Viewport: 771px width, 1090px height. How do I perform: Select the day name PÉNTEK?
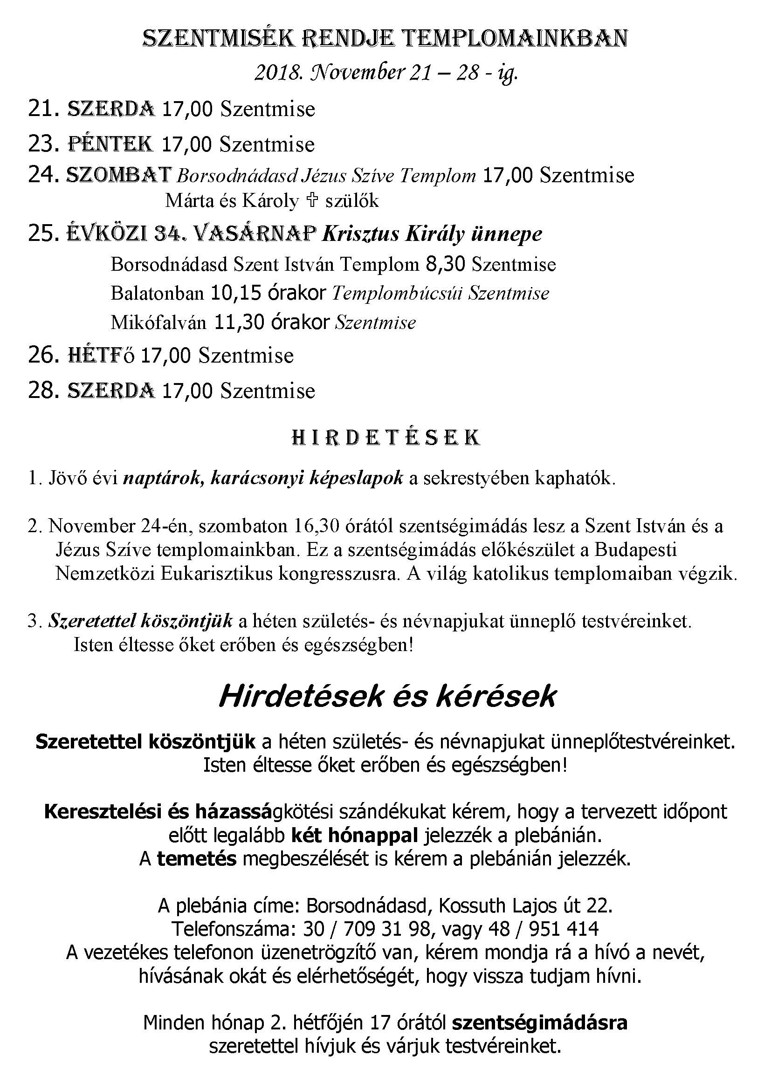110,144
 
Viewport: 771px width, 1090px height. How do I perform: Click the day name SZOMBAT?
119,175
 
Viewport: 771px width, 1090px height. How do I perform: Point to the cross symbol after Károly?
312,201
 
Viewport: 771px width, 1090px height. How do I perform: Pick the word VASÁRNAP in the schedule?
255,233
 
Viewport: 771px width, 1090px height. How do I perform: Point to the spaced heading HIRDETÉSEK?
385,437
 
